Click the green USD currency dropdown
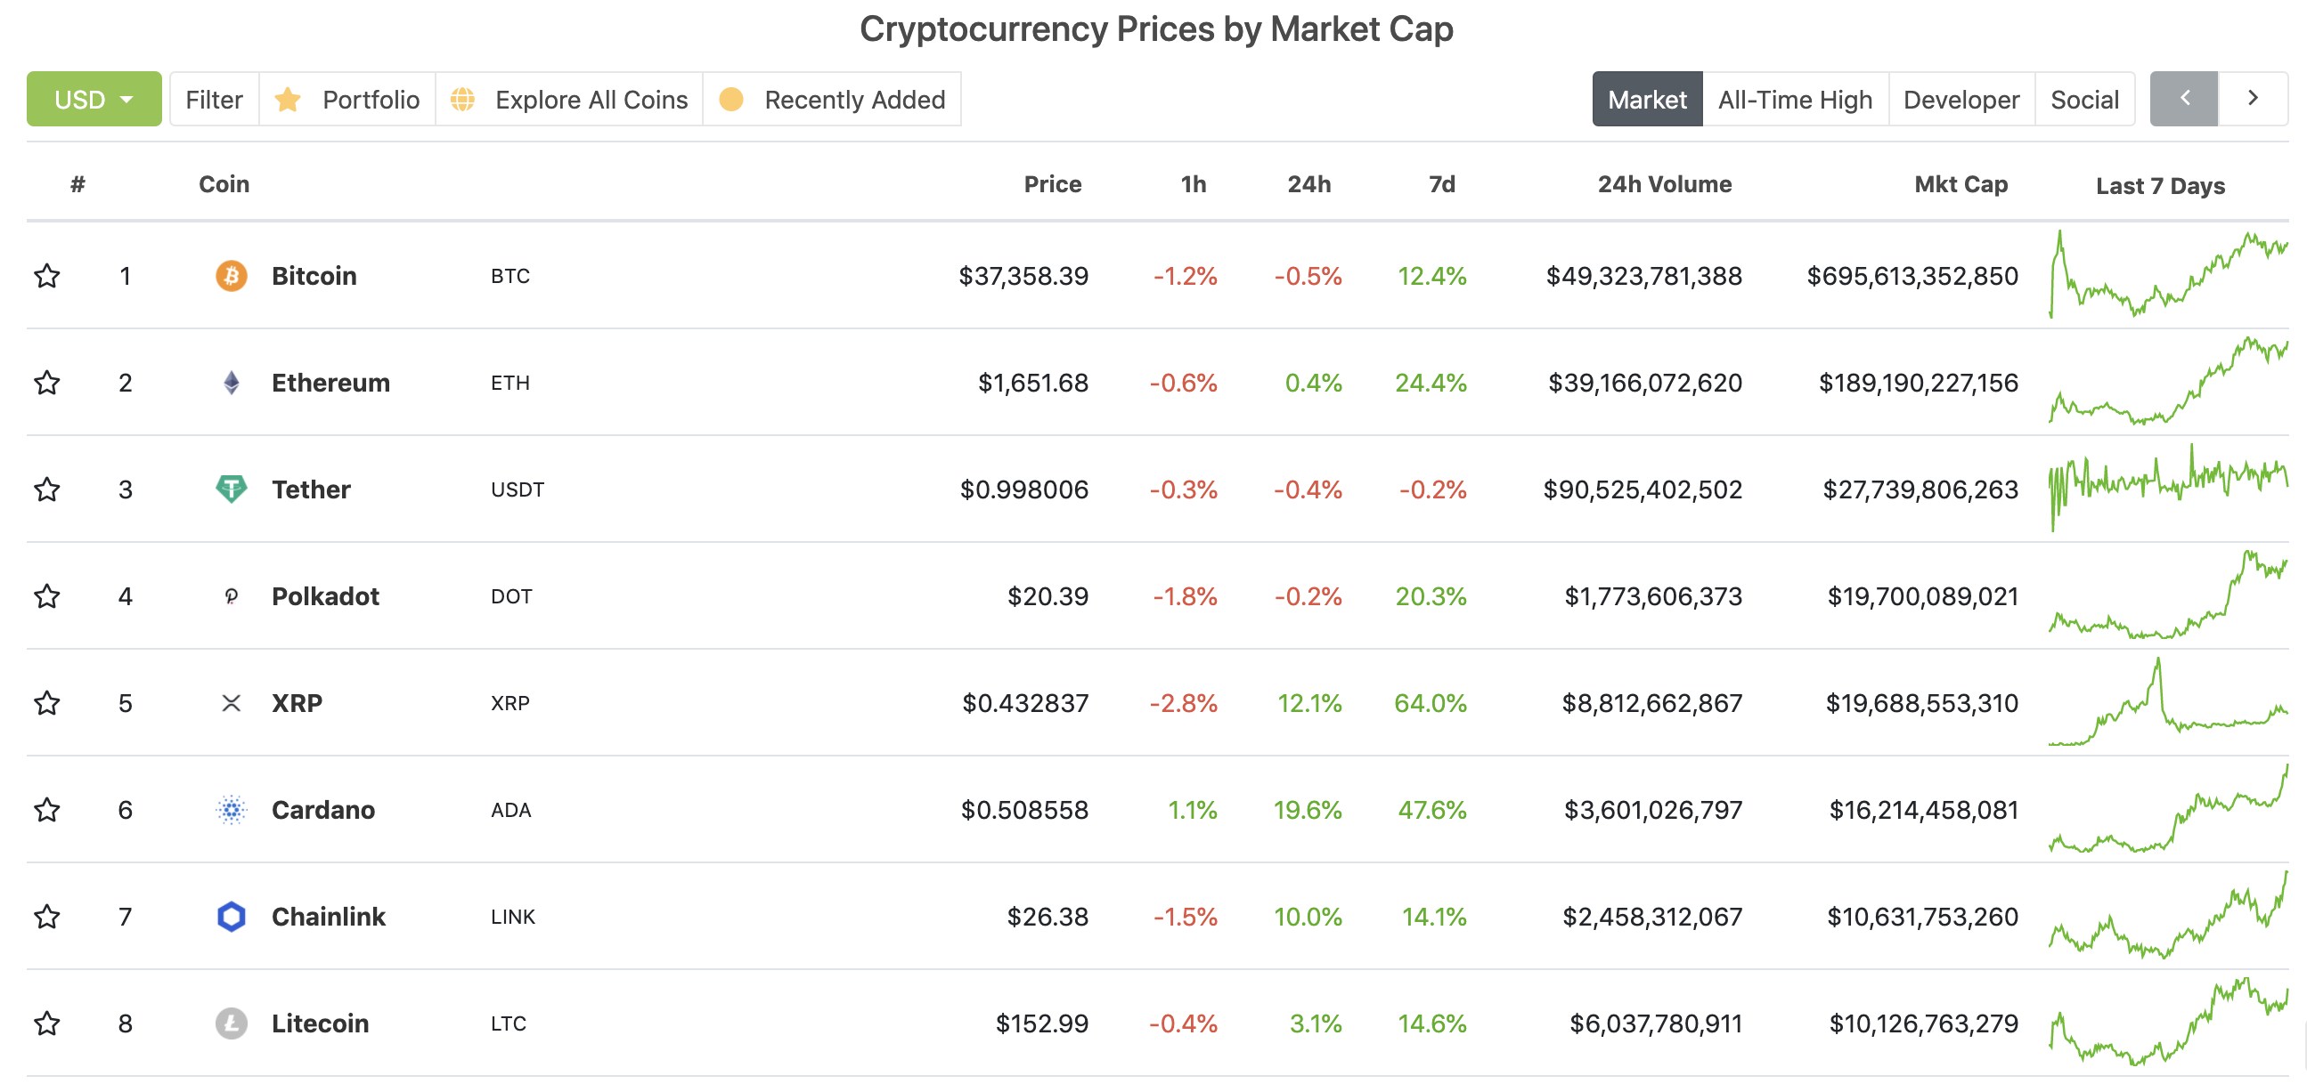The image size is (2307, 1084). point(94,100)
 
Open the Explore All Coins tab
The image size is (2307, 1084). point(569,100)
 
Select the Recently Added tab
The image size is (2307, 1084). point(832,100)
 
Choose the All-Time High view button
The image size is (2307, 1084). point(1795,100)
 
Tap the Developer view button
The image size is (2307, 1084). point(1961,100)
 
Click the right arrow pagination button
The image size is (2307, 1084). point(2254,99)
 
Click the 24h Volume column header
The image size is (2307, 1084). point(1664,184)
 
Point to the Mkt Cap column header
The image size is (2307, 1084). point(1961,184)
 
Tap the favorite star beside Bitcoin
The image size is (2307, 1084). point(47,276)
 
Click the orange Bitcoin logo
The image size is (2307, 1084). point(231,276)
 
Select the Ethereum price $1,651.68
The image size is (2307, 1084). point(1032,383)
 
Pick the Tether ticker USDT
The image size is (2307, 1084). point(517,489)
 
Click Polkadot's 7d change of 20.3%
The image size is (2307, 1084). point(1431,596)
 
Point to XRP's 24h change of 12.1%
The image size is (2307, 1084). point(1308,704)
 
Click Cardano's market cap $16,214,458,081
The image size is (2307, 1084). point(1923,810)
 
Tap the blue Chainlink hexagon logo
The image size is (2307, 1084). point(231,917)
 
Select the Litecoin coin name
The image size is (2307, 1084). point(320,1023)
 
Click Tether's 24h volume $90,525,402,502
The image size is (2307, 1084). point(1643,489)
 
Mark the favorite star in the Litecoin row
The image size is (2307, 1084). point(47,1023)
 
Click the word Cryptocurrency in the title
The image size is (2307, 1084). point(983,29)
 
